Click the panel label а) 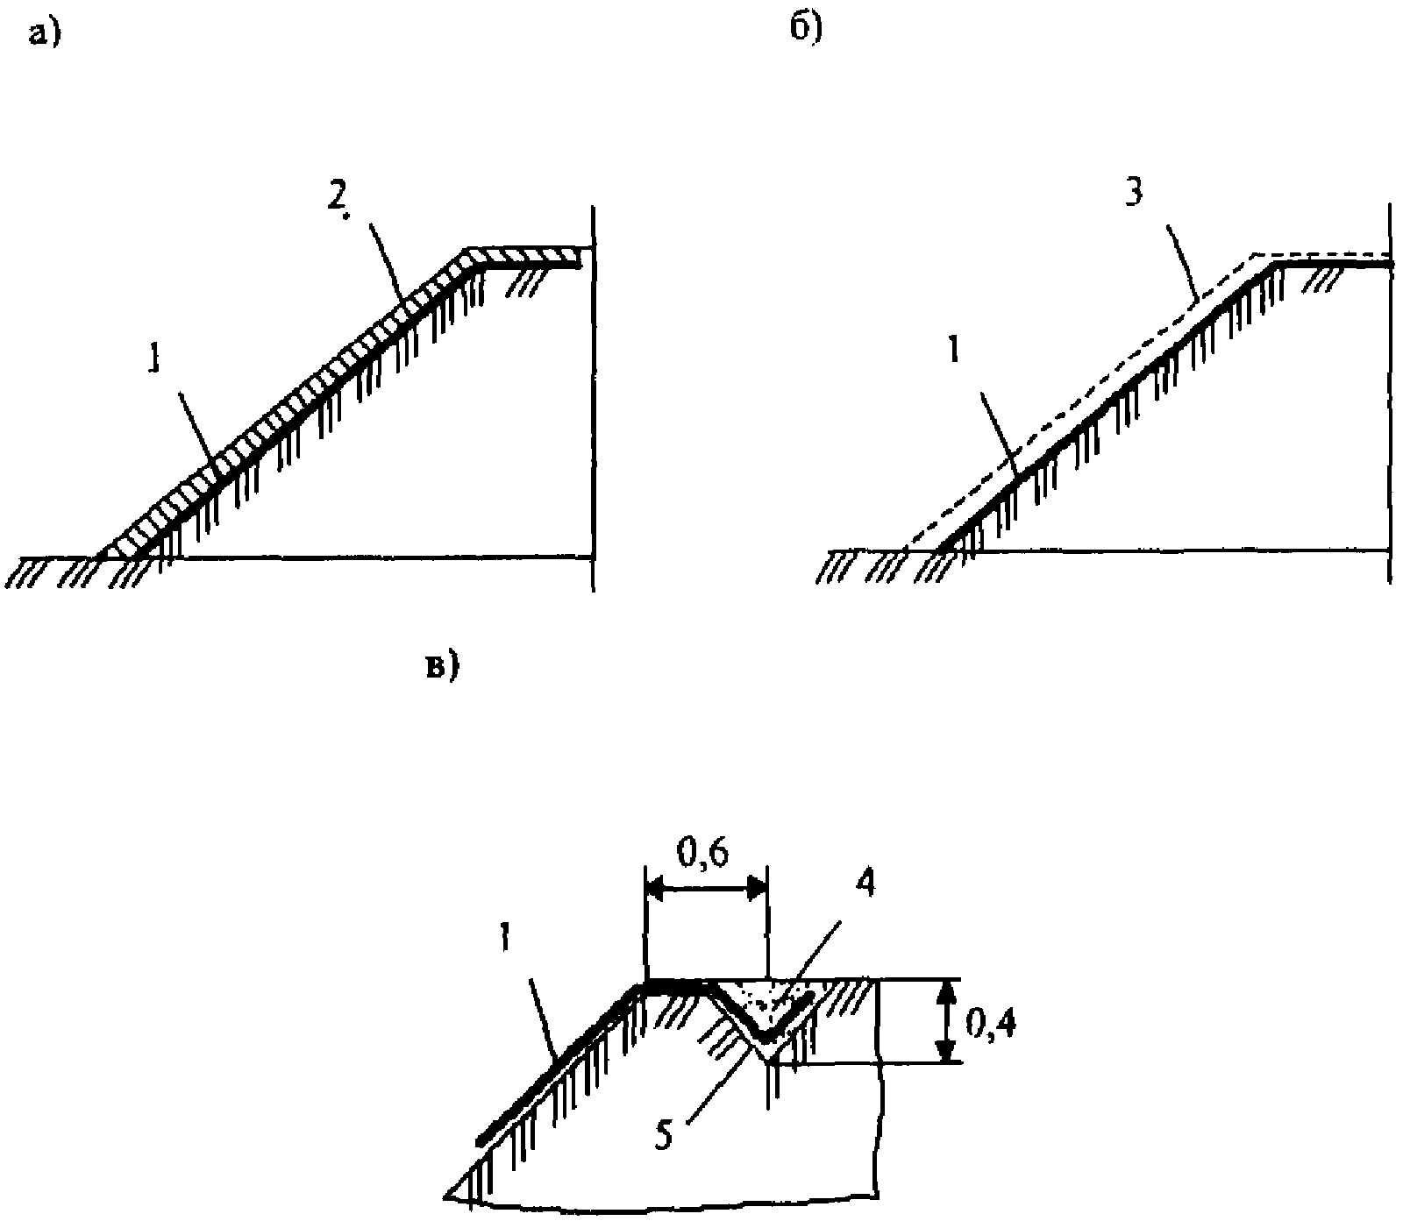[x=42, y=35]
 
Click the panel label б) [x=805, y=28]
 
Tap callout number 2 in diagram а [x=337, y=201]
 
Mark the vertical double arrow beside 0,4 [x=945, y=1021]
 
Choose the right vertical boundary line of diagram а [x=593, y=399]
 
